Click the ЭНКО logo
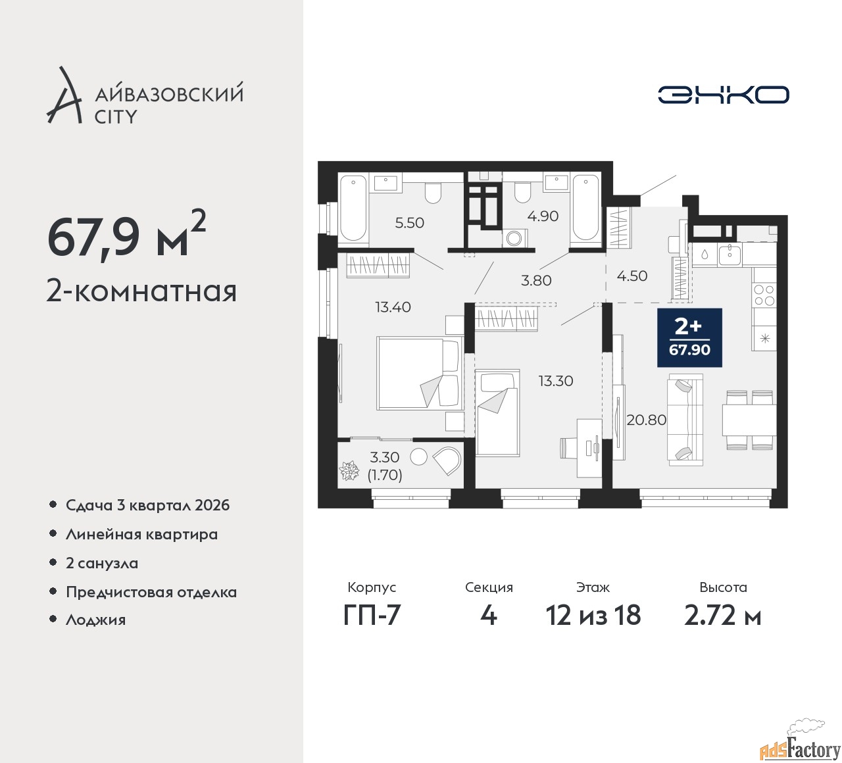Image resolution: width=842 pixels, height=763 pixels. [723, 95]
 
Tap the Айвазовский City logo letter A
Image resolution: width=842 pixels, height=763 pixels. [64, 95]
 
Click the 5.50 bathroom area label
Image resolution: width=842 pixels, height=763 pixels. [409, 223]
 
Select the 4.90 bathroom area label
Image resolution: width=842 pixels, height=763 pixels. [543, 216]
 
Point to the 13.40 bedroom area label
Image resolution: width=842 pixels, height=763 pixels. [393, 307]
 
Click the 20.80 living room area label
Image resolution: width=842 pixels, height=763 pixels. [647, 420]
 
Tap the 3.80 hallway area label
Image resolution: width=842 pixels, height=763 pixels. [536, 280]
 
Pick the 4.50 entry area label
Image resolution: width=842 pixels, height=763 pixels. [631, 276]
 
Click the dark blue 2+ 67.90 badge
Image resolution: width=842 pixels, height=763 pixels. [689, 337]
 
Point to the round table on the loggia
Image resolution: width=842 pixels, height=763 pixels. [418, 456]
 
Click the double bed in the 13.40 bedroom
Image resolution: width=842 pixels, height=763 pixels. [420, 374]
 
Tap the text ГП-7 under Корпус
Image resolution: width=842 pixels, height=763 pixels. [372, 615]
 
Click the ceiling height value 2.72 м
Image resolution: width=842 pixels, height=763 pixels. [722, 615]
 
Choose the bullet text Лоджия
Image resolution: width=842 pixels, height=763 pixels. [95, 620]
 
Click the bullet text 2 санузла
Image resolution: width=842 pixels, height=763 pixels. [102, 563]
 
